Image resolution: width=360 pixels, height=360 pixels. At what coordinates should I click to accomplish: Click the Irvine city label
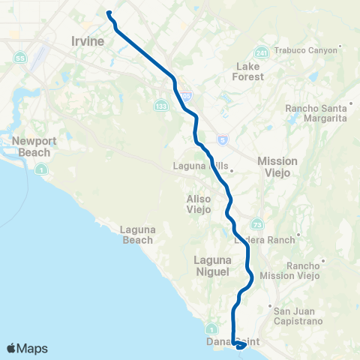tap(87, 41)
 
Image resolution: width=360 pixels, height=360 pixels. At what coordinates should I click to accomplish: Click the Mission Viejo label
tap(277, 166)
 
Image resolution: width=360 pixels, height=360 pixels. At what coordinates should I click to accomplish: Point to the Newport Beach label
tap(30, 147)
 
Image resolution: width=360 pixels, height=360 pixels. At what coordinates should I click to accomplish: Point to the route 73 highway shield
tap(257, 223)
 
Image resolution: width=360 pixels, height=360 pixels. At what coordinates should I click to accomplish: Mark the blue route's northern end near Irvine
tap(109, 13)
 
